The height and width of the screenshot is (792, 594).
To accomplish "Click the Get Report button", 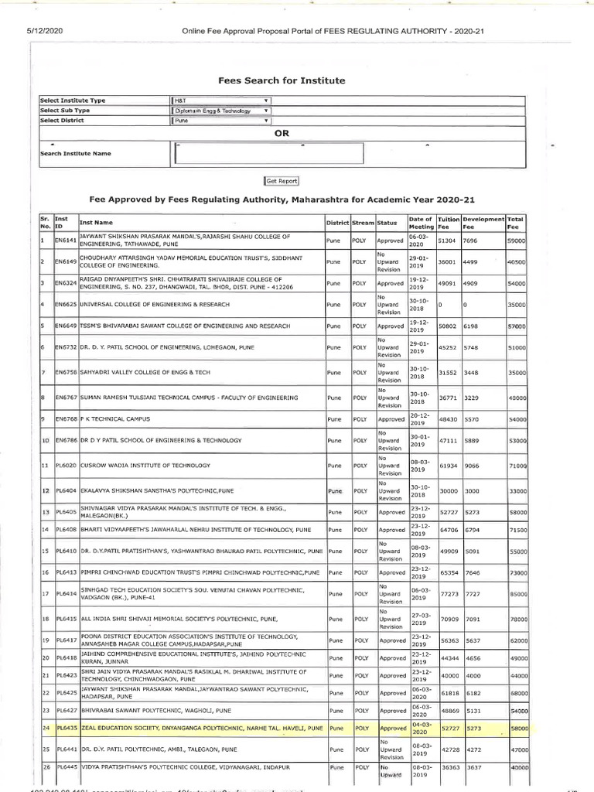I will [x=282, y=180].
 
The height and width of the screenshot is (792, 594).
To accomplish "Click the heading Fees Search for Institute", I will [x=281, y=80].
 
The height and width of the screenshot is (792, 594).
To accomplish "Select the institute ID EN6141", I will [x=66, y=241].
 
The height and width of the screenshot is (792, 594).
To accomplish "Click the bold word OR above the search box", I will [x=281, y=133].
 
